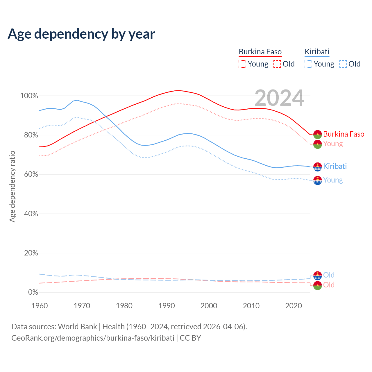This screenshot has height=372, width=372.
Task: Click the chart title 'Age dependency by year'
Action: (x=81, y=34)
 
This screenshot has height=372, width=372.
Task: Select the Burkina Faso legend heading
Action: (x=260, y=52)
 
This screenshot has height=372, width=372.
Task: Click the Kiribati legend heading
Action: (x=317, y=52)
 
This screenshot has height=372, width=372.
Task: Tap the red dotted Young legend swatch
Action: (x=242, y=64)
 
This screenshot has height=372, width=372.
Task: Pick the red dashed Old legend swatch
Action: (x=277, y=64)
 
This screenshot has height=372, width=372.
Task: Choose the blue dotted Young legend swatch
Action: (x=308, y=64)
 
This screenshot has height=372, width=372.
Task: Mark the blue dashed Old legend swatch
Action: (x=343, y=64)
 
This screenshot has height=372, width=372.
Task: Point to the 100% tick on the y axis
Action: (x=29, y=96)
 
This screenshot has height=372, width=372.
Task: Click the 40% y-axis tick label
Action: (x=31, y=214)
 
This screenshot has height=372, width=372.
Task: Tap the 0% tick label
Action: (x=33, y=292)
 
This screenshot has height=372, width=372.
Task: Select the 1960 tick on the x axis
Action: (x=40, y=306)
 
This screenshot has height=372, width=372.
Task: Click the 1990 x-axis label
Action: (x=167, y=306)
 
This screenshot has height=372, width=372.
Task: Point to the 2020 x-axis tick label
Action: (x=294, y=306)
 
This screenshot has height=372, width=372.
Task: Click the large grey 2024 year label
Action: (x=279, y=98)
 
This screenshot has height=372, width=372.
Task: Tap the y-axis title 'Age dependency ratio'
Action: (x=12, y=186)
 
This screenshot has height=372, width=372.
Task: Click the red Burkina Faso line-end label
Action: (x=344, y=134)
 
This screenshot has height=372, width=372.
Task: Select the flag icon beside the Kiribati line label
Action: (x=318, y=167)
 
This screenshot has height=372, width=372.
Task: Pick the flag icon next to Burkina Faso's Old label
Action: (x=318, y=285)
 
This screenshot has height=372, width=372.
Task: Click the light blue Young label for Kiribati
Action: (x=333, y=180)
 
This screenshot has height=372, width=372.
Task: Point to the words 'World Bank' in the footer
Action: (x=77, y=327)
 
